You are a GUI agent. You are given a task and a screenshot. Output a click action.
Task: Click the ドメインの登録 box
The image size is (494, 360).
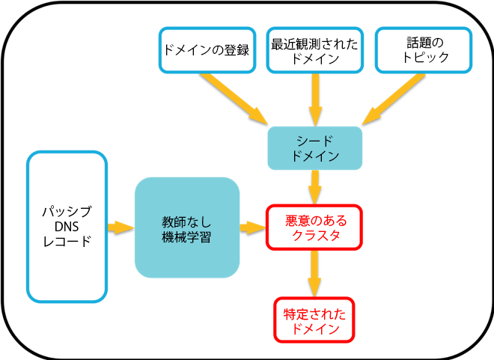click(x=206, y=50)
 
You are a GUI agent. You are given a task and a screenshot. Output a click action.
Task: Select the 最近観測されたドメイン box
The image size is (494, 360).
click(x=315, y=50)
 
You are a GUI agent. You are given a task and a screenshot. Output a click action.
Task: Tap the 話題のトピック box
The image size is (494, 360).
click(x=423, y=50)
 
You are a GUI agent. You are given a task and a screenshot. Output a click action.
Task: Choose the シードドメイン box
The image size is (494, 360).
click(x=315, y=148)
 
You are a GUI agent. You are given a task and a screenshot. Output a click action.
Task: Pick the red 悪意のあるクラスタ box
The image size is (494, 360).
click(x=314, y=228)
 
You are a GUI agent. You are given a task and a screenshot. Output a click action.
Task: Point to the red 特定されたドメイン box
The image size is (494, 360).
click(x=314, y=320)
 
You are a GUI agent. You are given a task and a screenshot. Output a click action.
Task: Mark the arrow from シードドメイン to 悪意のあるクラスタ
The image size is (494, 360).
click(x=315, y=188)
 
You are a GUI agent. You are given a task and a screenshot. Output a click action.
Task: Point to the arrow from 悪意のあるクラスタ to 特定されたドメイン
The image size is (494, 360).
click(x=315, y=273)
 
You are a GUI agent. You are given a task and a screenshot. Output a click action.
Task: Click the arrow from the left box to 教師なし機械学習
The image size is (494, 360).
click(x=121, y=227)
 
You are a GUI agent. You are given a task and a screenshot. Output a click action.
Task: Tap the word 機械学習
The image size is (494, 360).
click(x=186, y=238)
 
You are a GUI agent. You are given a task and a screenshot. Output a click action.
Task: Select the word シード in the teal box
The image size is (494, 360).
click(x=315, y=140)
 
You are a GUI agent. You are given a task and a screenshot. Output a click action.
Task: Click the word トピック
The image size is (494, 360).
click(x=424, y=58)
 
